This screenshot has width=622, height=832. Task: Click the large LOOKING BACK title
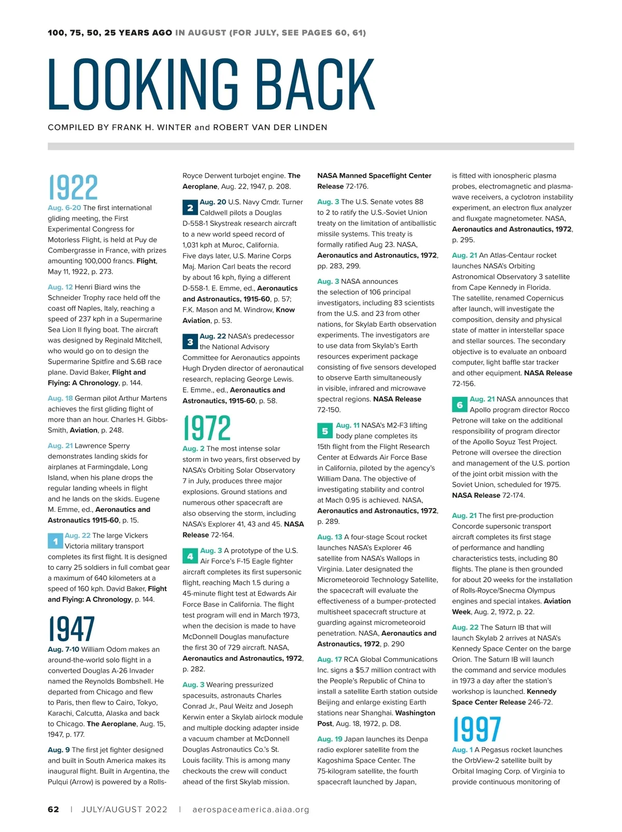pos(211,84)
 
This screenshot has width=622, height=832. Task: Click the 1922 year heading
pos(73,188)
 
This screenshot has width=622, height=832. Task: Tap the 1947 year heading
pos(72,629)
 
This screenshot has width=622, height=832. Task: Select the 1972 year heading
pos(207,428)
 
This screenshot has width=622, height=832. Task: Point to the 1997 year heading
pos(477,729)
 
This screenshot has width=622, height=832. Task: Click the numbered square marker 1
pos(55,541)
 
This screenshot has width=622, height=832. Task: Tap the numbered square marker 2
pos(190,207)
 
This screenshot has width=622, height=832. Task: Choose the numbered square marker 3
pos(190,342)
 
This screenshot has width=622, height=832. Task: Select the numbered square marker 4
pos(190,556)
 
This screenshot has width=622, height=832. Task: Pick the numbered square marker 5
pos(325,431)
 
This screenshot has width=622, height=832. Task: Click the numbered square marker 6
pos(460,405)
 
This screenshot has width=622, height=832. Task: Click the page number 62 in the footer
pos(53,809)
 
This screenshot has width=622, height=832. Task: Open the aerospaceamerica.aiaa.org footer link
pos(250,809)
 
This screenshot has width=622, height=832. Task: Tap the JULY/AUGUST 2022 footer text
pos(124,809)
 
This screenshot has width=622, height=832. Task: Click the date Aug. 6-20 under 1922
pos(64,208)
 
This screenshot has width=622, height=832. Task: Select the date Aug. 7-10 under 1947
pos(63,649)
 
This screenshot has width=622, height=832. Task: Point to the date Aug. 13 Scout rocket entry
pos(330,537)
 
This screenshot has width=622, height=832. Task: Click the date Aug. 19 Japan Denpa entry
pos(330,739)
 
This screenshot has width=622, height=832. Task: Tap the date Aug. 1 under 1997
pos(462,750)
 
